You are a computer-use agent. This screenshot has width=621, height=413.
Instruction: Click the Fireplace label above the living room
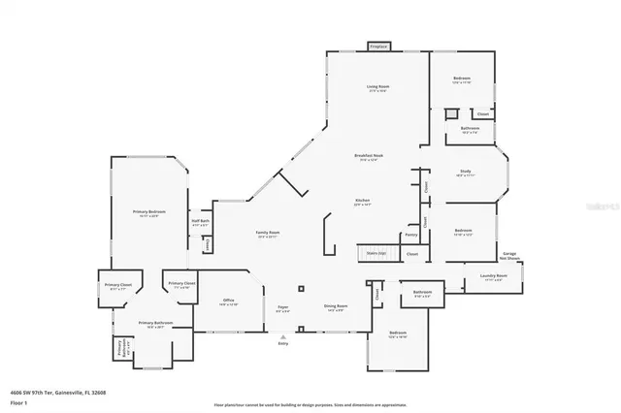tap(378, 46)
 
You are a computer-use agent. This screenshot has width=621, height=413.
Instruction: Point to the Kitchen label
tap(363, 202)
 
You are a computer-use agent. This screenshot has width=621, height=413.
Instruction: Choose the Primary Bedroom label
tap(149, 211)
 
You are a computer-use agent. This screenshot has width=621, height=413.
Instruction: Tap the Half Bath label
tap(202, 222)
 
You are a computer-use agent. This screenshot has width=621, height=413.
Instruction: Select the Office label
tap(229, 301)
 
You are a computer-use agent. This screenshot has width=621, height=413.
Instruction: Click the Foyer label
tap(282, 307)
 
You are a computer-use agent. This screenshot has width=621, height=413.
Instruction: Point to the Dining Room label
tap(336, 307)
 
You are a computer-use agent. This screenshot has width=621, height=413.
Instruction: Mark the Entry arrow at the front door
tap(283, 338)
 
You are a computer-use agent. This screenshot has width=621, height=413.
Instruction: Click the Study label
tap(465, 172)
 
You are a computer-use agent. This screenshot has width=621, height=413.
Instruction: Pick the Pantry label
tap(411, 234)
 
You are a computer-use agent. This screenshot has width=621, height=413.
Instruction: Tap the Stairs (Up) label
tap(376, 252)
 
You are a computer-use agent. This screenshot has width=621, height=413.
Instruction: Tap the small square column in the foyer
tap(301, 288)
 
